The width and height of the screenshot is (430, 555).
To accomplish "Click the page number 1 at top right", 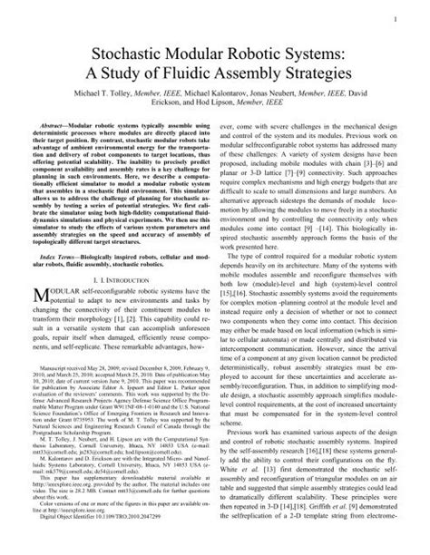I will (409, 18).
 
